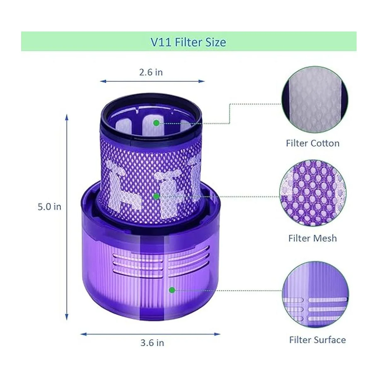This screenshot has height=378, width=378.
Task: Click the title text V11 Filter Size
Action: [x=188, y=42]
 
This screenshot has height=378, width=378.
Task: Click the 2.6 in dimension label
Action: [x=151, y=72]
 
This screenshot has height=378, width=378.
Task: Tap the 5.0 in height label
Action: [x=49, y=207]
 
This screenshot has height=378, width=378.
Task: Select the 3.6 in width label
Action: [x=152, y=343]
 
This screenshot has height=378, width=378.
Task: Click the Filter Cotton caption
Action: [x=313, y=143]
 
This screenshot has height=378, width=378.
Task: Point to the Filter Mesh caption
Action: [x=313, y=238]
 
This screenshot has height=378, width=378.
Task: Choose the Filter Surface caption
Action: [x=318, y=340]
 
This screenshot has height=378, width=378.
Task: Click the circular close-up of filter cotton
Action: [x=315, y=100]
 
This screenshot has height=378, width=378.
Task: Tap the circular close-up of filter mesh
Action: [x=313, y=193]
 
